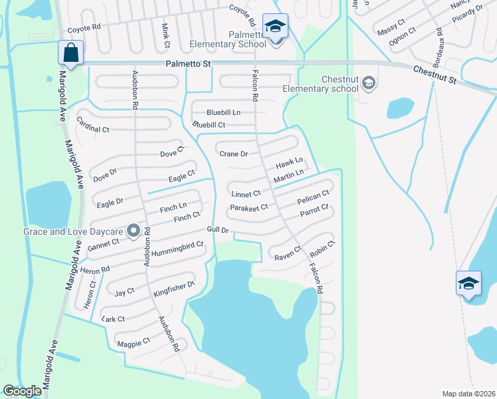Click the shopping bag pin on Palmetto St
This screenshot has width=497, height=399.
tap(70, 52)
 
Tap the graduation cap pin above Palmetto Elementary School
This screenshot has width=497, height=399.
tap(275, 27)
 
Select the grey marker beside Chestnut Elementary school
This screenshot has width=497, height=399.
tap(369, 83)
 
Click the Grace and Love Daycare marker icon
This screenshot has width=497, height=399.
tap(134, 231)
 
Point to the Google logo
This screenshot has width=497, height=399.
tap(22, 391)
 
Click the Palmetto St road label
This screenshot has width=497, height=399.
tap(187, 64)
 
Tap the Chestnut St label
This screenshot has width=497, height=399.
tap(435, 74)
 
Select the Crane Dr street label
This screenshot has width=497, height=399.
tap(233, 154)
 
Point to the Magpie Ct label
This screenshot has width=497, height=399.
tap(133, 342)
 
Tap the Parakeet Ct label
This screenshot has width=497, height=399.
tap(248, 208)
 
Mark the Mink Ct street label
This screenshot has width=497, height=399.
tap(165, 31)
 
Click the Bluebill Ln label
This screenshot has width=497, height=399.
tap(223, 112)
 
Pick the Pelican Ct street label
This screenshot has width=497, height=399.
tap(313, 197)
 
